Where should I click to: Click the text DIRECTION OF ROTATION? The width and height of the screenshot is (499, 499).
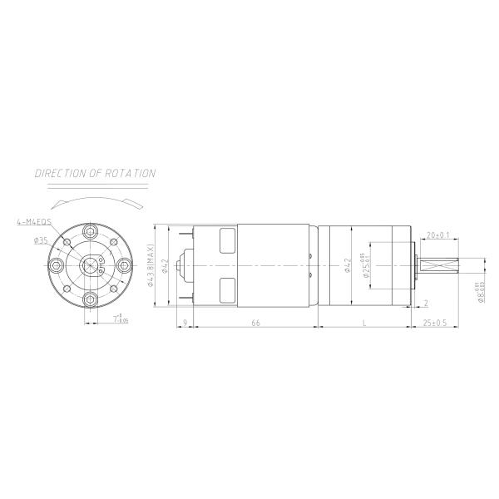point(95,174)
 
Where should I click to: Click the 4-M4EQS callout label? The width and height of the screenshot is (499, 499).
point(33,223)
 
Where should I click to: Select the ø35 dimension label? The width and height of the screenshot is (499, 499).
point(40,240)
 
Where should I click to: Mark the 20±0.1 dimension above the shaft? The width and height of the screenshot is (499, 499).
point(438,235)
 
